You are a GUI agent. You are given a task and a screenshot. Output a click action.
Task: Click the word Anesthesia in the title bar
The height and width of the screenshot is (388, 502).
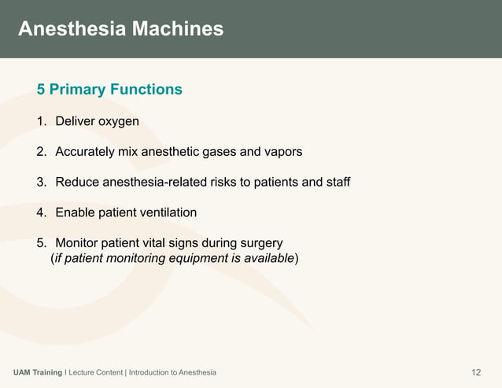click(x=68, y=29)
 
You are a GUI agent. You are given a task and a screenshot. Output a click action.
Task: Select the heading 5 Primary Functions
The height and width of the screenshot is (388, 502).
click(x=109, y=90)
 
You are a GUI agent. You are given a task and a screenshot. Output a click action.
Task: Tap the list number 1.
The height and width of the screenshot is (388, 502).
click(x=41, y=121)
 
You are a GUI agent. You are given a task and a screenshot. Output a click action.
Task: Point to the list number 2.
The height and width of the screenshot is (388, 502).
click(x=41, y=151)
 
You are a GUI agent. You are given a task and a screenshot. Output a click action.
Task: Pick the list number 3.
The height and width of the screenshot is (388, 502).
click(x=41, y=182)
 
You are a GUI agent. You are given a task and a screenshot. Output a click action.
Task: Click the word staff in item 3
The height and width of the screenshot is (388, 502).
click(x=335, y=182)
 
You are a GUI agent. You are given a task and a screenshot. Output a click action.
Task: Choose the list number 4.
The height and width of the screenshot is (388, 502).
click(x=41, y=212)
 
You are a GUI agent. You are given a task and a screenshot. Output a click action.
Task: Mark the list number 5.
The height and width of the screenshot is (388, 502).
click(x=41, y=242)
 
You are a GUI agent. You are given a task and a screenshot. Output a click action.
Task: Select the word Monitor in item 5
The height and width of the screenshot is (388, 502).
click(x=79, y=242)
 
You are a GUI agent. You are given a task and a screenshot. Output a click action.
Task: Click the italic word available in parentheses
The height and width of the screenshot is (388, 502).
click(x=268, y=258)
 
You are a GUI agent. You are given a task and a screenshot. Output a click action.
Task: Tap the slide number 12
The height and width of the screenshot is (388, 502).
click(x=475, y=371)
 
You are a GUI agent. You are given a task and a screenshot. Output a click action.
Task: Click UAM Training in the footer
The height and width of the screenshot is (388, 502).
click(x=38, y=372)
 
